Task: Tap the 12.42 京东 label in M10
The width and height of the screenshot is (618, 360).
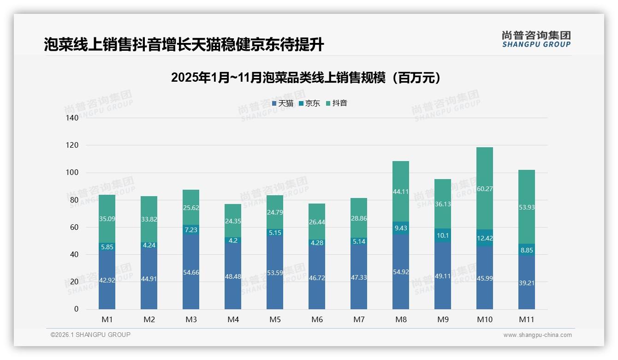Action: point(484,238)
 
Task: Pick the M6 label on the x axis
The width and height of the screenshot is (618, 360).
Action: point(317,319)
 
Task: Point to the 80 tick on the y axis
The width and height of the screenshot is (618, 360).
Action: point(74,200)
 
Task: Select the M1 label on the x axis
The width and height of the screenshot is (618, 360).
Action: point(107,319)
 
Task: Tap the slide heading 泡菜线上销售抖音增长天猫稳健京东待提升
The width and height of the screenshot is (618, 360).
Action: point(184,45)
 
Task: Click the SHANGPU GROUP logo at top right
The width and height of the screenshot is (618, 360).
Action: point(536,39)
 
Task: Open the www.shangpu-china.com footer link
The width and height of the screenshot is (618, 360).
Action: point(537,335)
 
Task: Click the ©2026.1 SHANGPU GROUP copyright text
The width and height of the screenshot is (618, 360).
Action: point(90,335)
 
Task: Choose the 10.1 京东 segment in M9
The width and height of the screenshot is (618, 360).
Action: point(442,235)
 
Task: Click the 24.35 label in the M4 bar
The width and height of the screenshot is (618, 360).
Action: point(233,221)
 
